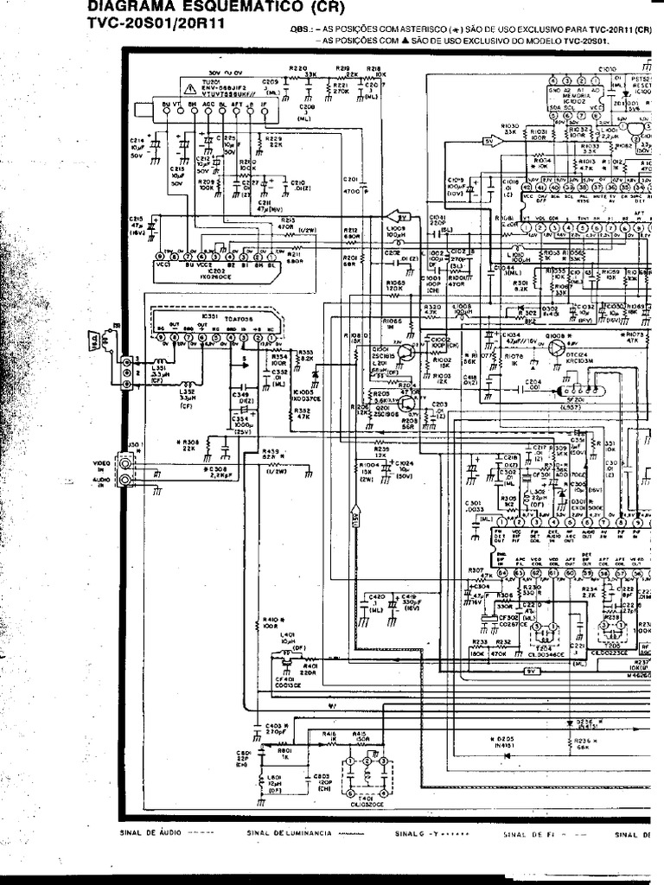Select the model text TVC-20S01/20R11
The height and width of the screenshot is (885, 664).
click(156, 23)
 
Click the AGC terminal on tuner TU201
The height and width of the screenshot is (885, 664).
click(207, 103)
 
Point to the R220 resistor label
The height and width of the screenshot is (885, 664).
click(297, 67)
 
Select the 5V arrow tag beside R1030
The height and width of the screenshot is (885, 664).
click(489, 140)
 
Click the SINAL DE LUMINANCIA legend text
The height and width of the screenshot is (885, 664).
click(289, 834)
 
